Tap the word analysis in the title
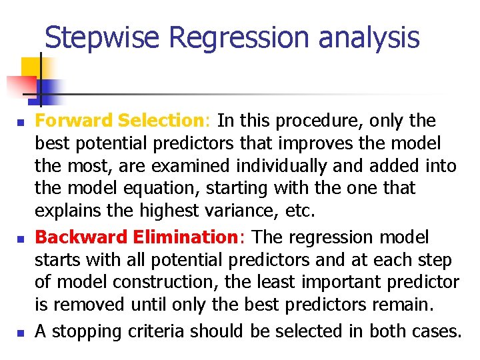(x=369, y=37)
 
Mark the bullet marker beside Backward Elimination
(x=21, y=238)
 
